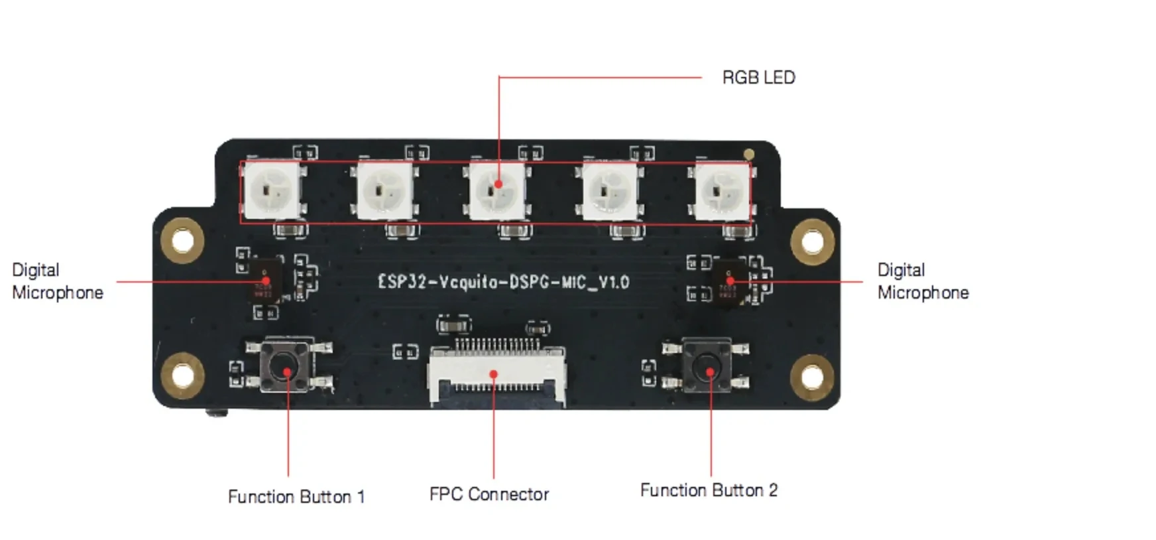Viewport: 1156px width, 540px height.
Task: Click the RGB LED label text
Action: [x=758, y=78]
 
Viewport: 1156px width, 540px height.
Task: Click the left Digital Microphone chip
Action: [x=264, y=281]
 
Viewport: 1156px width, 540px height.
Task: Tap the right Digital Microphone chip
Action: [x=729, y=281]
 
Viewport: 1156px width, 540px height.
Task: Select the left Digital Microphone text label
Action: [x=58, y=281]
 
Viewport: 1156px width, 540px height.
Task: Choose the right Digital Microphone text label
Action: [x=923, y=281]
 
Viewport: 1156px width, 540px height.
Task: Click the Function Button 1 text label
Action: [x=296, y=497]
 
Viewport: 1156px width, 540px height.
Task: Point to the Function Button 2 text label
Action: [x=709, y=490]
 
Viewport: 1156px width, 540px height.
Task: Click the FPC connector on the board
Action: [x=496, y=375]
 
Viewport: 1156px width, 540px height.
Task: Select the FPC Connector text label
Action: [x=489, y=494]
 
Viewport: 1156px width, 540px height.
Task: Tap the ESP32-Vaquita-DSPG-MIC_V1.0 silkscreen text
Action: [x=503, y=282]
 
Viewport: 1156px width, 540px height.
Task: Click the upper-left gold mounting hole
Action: [x=183, y=239]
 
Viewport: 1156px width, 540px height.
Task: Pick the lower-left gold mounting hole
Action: [x=182, y=375]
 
